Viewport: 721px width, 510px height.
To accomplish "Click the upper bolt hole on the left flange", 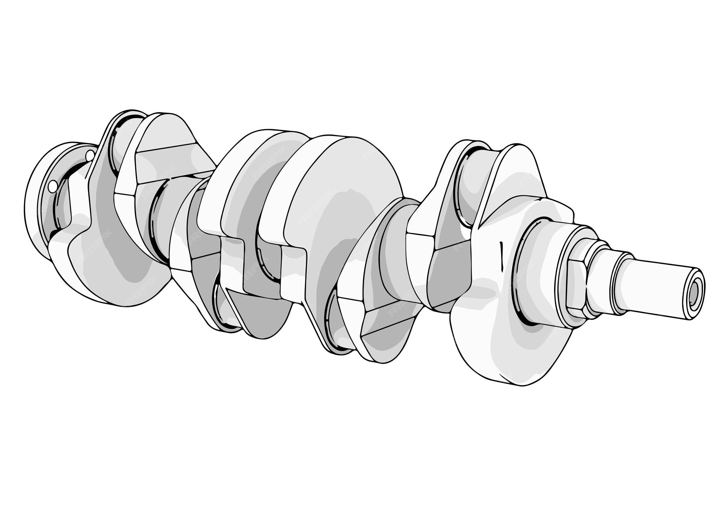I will click(90, 156).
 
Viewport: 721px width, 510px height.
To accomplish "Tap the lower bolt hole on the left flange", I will click(53, 187).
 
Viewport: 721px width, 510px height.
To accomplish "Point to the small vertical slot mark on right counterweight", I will click(501, 256).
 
